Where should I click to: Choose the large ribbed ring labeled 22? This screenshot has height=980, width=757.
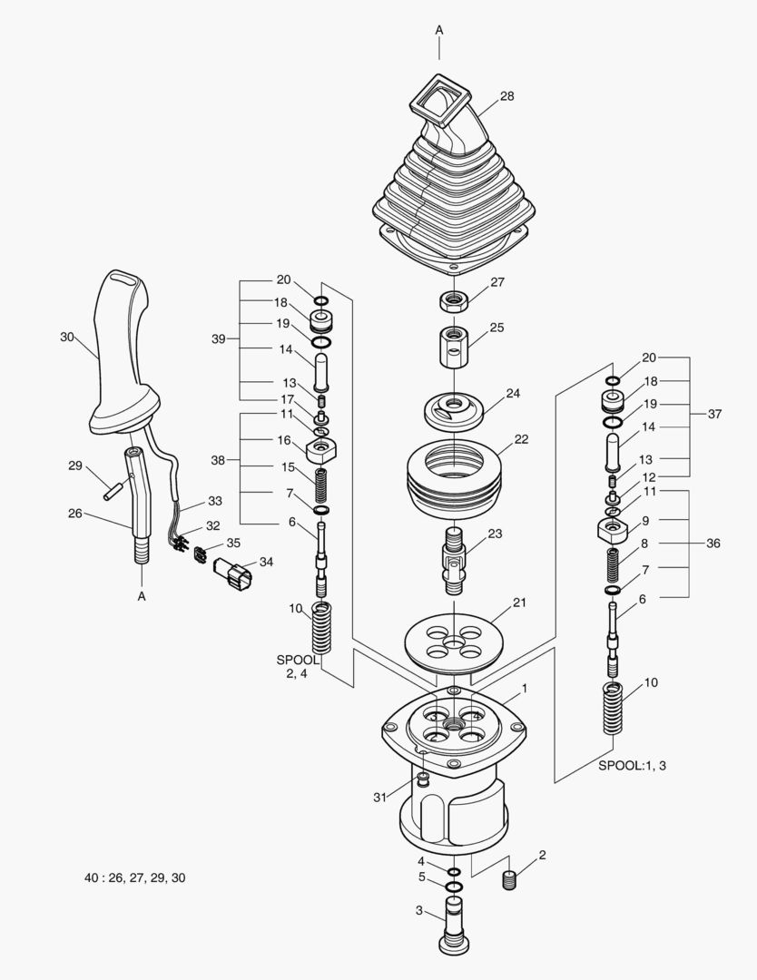click(x=452, y=478)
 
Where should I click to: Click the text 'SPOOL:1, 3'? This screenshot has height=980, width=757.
click(x=633, y=766)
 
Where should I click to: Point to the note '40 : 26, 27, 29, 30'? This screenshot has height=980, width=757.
click(x=134, y=877)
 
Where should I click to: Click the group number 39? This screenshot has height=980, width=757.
click(x=218, y=338)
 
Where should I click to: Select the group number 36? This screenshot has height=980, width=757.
click(x=713, y=544)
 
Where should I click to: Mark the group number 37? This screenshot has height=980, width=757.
click(x=714, y=414)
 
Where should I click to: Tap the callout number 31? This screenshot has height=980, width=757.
click(x=380, y=798)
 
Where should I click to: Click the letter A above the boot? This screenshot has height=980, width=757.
click(x=439, y=30)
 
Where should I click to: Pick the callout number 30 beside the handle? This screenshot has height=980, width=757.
click(x=66, y=337)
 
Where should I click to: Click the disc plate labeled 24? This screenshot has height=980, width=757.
click(x=451, y=409)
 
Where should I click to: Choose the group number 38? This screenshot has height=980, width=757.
click(x=218, y=460)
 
